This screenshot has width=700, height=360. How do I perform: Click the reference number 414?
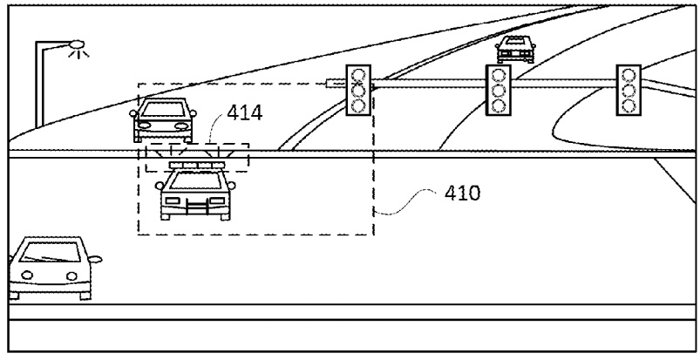(245, 113)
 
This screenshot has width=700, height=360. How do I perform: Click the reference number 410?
(463, 194)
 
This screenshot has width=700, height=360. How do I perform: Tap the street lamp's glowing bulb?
(78, 44)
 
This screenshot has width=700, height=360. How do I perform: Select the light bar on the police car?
(197, 166)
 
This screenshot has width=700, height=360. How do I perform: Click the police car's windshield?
(195, 180)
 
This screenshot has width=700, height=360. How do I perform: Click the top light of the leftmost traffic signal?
(358, 75)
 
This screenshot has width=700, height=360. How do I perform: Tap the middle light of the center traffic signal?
(499, 91)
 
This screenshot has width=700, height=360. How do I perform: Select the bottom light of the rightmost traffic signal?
(629, 105)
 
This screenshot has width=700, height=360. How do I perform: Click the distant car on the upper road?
(515, 50)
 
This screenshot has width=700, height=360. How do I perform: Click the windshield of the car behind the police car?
(163, 110)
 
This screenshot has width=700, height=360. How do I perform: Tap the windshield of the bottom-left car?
(51, 253)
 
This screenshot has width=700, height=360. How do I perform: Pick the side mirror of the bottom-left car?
(95, 259)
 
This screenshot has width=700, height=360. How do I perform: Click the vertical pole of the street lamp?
(39, 85)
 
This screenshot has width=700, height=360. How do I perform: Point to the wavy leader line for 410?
(404, 202)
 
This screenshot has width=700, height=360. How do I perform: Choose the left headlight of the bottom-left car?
(27, 275)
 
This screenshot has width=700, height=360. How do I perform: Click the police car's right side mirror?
(231, 186)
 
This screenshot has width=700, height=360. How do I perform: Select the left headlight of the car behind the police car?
(144, 126)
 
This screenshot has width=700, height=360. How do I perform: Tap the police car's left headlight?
(173, 201)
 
